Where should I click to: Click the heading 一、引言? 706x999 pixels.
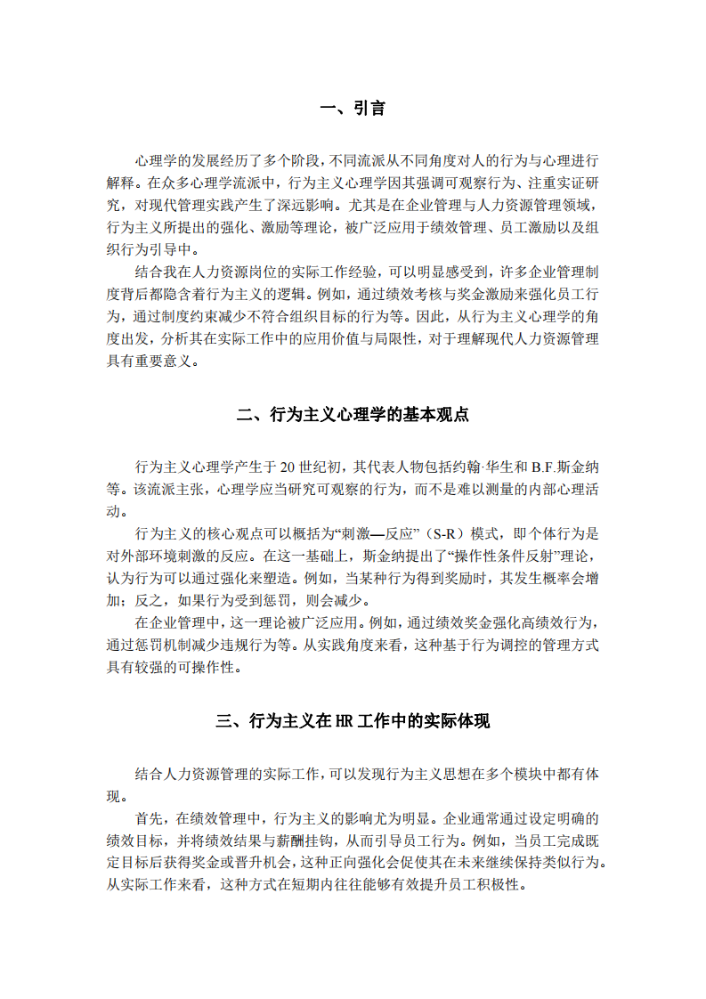click(353, 109)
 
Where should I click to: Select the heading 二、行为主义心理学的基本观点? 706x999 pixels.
click(353, 415)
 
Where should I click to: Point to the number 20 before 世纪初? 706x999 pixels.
click(288, 467)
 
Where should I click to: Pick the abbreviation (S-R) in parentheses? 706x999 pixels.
click(445, 534)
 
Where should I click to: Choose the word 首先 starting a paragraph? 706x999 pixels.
click(150, 817)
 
